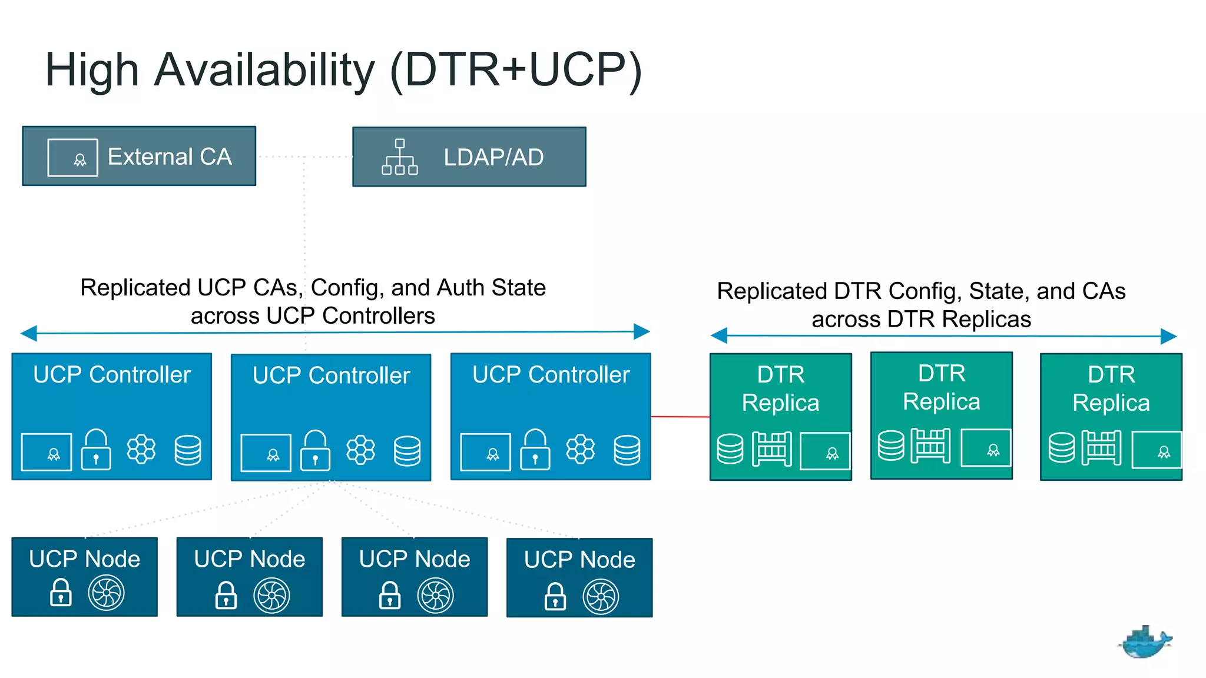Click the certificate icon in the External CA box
tap(72, 158)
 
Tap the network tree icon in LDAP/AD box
tap(400, 157)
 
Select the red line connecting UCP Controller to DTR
tap(680, 417)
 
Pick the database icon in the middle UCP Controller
tap(407, 451)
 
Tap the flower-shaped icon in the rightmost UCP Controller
tap(580, 450)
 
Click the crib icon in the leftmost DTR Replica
tap(771, 449)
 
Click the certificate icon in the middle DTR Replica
tap(986, 448)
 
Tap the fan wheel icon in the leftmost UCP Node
tap(106, 593)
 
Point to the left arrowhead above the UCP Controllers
tap(28, 334)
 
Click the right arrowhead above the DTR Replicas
tap(1168, 337)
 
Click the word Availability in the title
tap(264, 70)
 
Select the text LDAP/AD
tap(493, 158)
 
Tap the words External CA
tap(170, 157)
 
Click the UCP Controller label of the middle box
tap(331, 375)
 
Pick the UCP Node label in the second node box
tap(250, 559)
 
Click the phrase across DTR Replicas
tap(921, 320)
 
